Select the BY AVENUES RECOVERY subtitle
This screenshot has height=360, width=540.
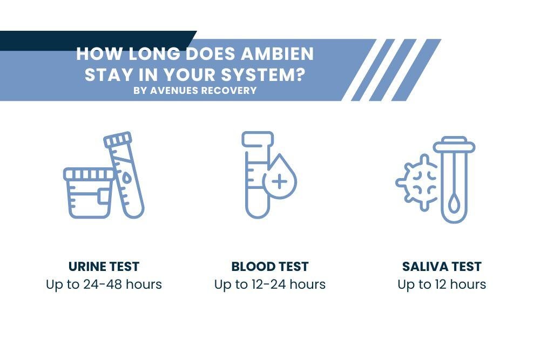[x=195, y=91]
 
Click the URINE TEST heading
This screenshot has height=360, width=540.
[x=104, y=267]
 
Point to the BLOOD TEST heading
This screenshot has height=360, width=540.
[x=270, y=267]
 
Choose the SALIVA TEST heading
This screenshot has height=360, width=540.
[x=442, y=267]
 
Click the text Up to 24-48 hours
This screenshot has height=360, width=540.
[x=104, y=284]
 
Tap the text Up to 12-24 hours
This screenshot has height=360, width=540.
[x=270, y=284]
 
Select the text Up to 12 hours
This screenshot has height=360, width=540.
[x=442, y=284]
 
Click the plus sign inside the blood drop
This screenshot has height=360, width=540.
[x=279, y=181]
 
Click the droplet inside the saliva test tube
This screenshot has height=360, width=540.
[x=454, y=204]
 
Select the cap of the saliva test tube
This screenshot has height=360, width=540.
[x=454, y=144]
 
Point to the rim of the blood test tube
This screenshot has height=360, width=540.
[x=258, y=139]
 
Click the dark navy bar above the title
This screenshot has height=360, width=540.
[x=97, y=39]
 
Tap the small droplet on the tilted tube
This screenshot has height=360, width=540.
[x=126, y=178]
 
